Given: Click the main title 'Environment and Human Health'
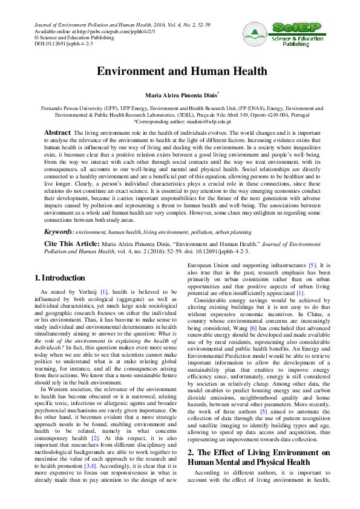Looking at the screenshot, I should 180,71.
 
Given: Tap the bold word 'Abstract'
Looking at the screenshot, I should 58,132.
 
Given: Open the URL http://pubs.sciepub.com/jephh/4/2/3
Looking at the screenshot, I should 97,30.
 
